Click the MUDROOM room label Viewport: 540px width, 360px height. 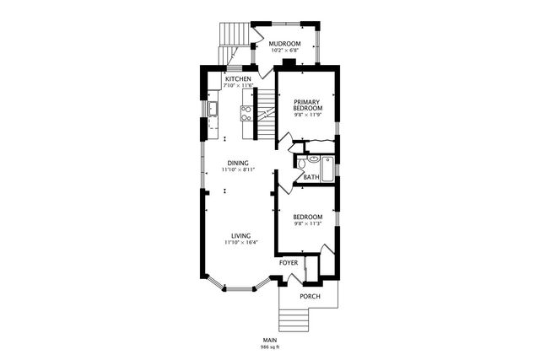(x=285, y=44)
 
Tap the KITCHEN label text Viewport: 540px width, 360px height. (x=237, y=79)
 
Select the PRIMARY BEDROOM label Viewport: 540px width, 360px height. (x=306, y=105)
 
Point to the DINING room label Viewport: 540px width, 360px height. (x=239, y=164)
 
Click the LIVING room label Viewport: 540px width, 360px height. (x=240, y=236)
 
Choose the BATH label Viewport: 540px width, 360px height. (x=311, y=177)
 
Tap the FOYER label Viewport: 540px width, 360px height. (x=289, y=262)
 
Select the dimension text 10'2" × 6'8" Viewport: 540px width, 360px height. (x=285, y=51)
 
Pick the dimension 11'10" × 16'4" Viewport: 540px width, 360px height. (x=240, y=243)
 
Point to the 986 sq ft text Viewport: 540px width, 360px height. (x=270, y=347)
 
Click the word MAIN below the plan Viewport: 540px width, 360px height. (x=270, y=341)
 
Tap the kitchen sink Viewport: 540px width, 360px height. (x=213, y=108)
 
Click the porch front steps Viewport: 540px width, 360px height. (x=294, y=320)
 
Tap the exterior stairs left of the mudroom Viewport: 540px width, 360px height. (x=235, y=35)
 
